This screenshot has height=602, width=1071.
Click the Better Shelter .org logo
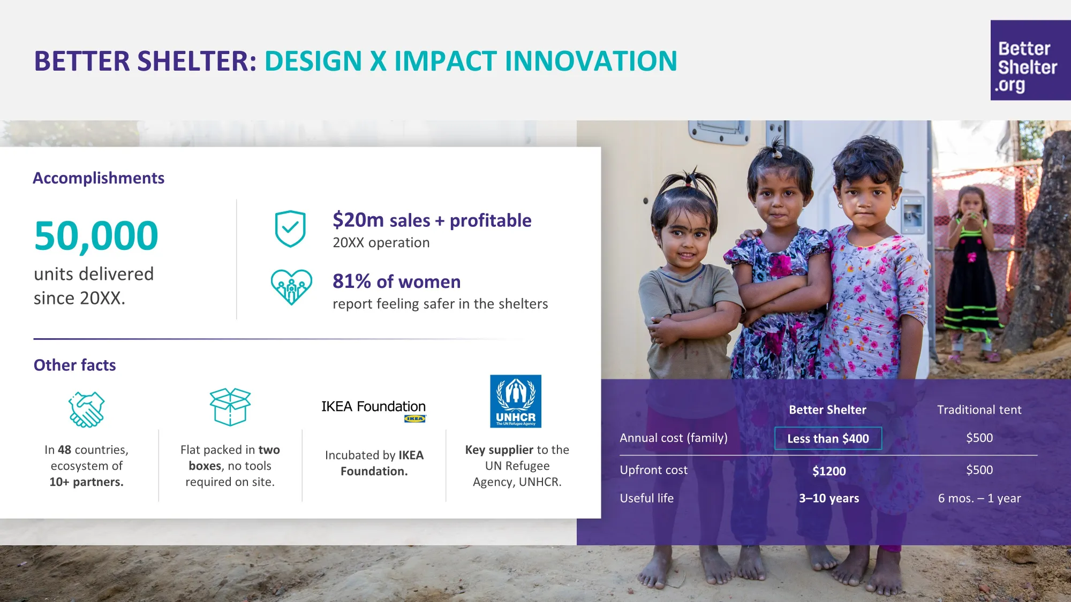pyautogui.click(x=1030, y=60)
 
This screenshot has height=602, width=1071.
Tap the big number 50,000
pyautogui.click(x=96, y=235)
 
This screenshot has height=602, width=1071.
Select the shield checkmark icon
pyautogui.click(x=290, y=228)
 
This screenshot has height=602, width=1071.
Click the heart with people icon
pyautogui.click(x=291, y=287)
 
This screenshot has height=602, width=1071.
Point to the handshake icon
pyautogui.click(x=86, y=409)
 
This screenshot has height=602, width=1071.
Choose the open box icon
pyautogui.click(x=230, y=407)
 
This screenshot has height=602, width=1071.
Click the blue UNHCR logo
pyautogui.click(x=516, y=401)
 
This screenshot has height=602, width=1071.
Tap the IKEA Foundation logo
pyautogui.click(x=374, y=410)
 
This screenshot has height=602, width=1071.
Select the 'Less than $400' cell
pyautogui.click(x=828, y=438)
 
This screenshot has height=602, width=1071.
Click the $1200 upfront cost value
pyautogui.click(x=829, y=471)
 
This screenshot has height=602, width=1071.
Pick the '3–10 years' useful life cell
pyautogui.click(x=829, y=498)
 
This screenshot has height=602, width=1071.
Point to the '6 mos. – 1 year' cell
pyautogui.click(x=979, y=498)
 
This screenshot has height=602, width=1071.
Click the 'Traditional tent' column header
pyautogui.click(x=979, y=410)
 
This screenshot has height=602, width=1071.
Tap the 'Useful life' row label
pyautogui.click(x=647, y=498)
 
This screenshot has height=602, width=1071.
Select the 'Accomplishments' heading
pyautogui.click(x=99, y=178)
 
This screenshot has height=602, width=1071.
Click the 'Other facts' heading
pyautogui.click(x=75, y=365)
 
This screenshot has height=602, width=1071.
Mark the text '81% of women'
pyautogui.click(x=397, y=281)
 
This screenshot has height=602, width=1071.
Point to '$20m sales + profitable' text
pyautogui.click(x=432, y=220)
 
